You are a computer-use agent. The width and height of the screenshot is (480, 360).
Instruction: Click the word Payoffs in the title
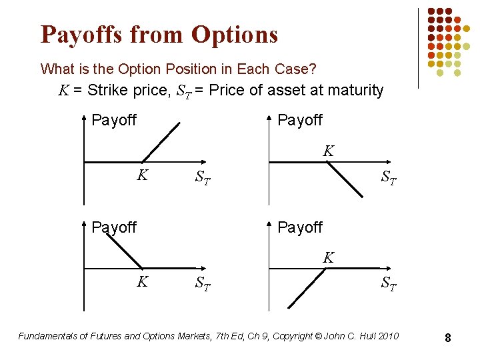79,35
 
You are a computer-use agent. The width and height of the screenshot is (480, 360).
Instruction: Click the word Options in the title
234,35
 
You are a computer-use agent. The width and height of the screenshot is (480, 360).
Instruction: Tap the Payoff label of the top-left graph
114,120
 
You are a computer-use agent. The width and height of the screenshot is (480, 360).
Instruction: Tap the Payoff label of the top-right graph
300,120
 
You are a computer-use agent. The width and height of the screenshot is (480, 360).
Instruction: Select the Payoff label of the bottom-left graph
114,227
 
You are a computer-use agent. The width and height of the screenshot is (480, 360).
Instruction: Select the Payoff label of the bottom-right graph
300,227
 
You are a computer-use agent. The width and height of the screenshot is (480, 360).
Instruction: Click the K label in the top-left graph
142,175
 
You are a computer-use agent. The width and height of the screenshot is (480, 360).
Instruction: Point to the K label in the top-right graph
328,151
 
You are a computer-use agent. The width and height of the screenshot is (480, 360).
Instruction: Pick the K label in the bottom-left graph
142,281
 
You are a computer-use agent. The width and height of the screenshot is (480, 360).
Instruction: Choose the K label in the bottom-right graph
328,257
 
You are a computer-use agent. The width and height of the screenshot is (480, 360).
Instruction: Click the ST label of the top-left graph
203,178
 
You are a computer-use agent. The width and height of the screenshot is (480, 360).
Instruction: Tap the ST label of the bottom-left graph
203,284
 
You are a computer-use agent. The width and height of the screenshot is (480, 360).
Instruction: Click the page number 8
448,339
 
